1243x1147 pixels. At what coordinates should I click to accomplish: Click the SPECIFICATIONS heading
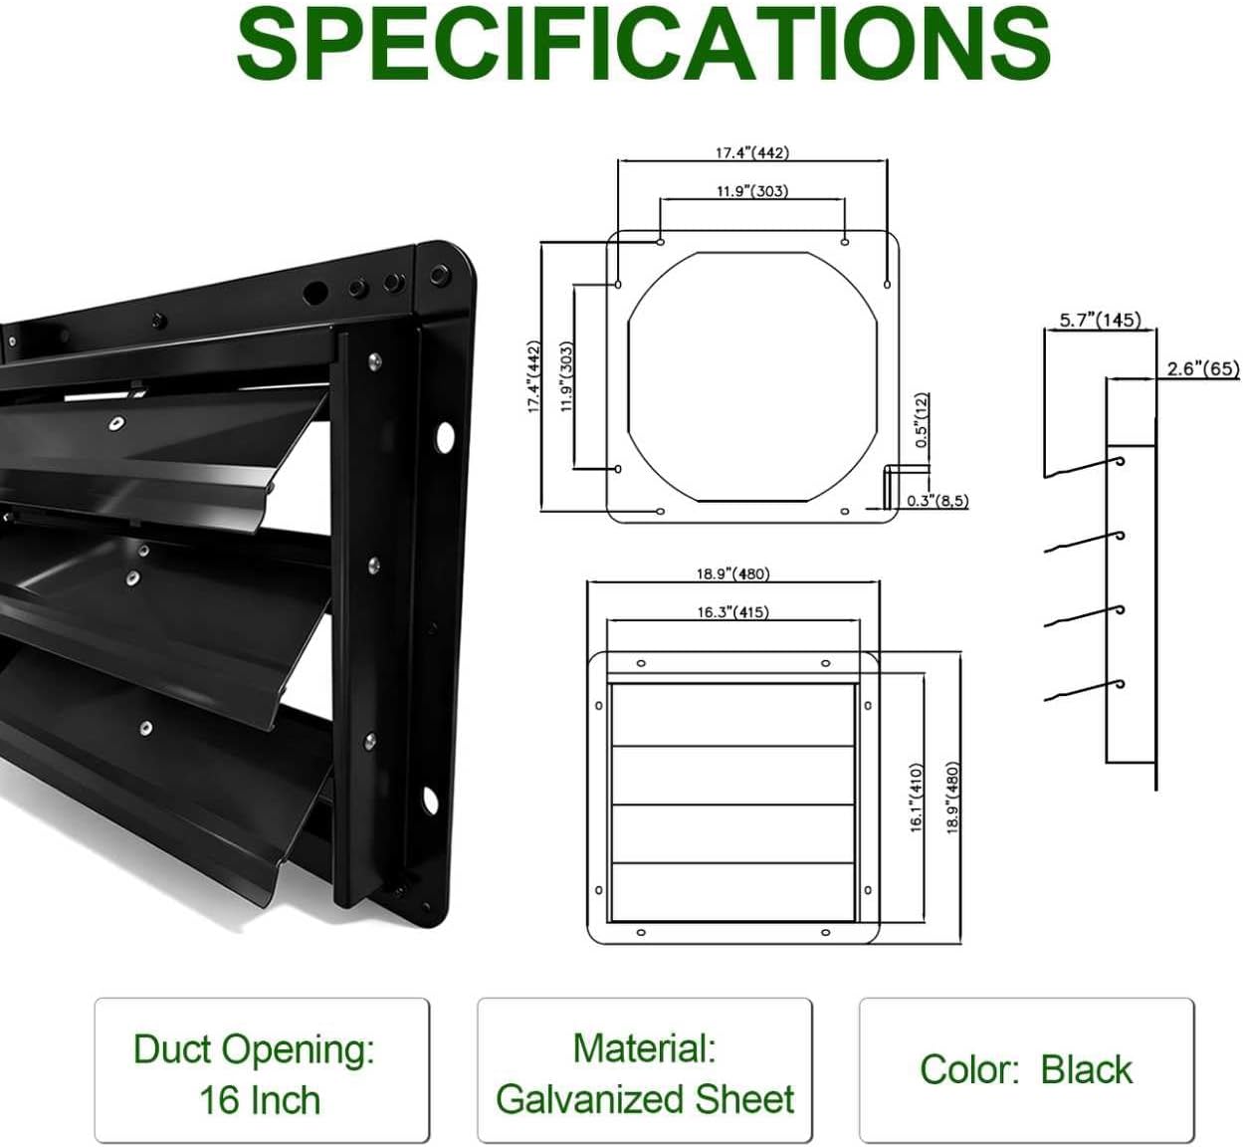(643, 45)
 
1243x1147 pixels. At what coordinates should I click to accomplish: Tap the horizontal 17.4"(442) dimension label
(751, 152)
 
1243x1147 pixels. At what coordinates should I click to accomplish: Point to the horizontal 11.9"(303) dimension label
(751, 190)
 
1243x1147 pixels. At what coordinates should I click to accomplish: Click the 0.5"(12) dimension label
(921, 419)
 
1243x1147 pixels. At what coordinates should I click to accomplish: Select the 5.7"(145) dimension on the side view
(1099, 320)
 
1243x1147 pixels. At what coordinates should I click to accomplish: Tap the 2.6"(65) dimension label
(1202, 368)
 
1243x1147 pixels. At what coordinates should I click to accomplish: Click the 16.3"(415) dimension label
(732, 611)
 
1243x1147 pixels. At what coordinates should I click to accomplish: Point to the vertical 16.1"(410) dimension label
(917, 797)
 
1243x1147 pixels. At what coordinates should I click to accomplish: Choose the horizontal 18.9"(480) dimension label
(732, 573)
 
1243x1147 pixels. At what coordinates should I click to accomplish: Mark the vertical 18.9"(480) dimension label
(952, 797)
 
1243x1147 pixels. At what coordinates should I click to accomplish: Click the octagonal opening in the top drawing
(751, 376)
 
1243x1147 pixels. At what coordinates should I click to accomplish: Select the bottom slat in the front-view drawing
(732, 891)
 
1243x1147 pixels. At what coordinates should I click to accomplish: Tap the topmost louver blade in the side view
(1083, 467)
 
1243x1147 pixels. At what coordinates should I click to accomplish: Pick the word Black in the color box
(1086, 1069)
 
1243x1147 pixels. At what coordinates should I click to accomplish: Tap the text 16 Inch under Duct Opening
(260, 1100)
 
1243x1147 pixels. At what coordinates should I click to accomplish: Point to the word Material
(643, 1047)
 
